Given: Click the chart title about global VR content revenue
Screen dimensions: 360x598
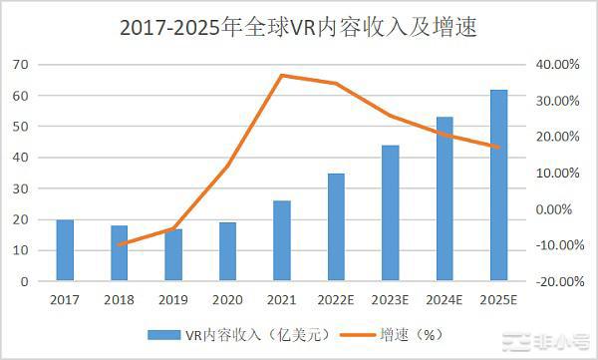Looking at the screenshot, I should coord(298,29).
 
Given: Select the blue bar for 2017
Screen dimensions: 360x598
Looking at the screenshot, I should coord(65,250).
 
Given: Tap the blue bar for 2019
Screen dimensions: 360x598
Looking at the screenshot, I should coord(173,255).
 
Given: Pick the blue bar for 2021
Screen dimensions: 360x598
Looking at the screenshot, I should coord(282,241).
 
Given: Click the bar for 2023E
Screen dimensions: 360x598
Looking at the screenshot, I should coord(391,213).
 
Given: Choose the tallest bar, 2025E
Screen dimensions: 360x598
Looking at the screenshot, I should coord(498,185).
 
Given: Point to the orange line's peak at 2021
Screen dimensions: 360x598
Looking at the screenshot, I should coord(282,76).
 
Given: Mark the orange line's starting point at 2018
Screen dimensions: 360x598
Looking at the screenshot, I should coord(120,244).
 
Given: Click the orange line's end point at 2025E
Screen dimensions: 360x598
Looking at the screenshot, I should coord(498,147).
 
